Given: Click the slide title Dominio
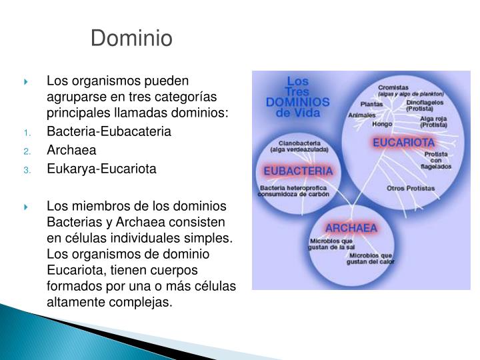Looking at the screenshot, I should pos(131,39).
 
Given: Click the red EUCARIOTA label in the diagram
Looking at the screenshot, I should pos(403,143).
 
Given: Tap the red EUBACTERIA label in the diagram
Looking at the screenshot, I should pos(298,171).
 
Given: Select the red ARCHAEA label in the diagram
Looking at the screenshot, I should pos(351,228).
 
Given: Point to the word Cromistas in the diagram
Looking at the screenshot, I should pos(393,87).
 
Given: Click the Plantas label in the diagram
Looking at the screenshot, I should pos(371,104).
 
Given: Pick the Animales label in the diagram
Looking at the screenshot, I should pos(362,115).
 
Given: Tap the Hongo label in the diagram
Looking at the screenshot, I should pos(382,124).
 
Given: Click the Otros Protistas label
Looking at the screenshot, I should pos(411,188).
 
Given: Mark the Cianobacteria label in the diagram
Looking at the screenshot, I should pos(295,143).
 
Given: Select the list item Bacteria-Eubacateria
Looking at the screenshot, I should pos(109,131).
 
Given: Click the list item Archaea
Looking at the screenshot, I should pos(71,150).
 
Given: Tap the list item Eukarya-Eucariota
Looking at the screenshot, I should pos(101,169).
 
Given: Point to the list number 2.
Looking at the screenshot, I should pos(27,151).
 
